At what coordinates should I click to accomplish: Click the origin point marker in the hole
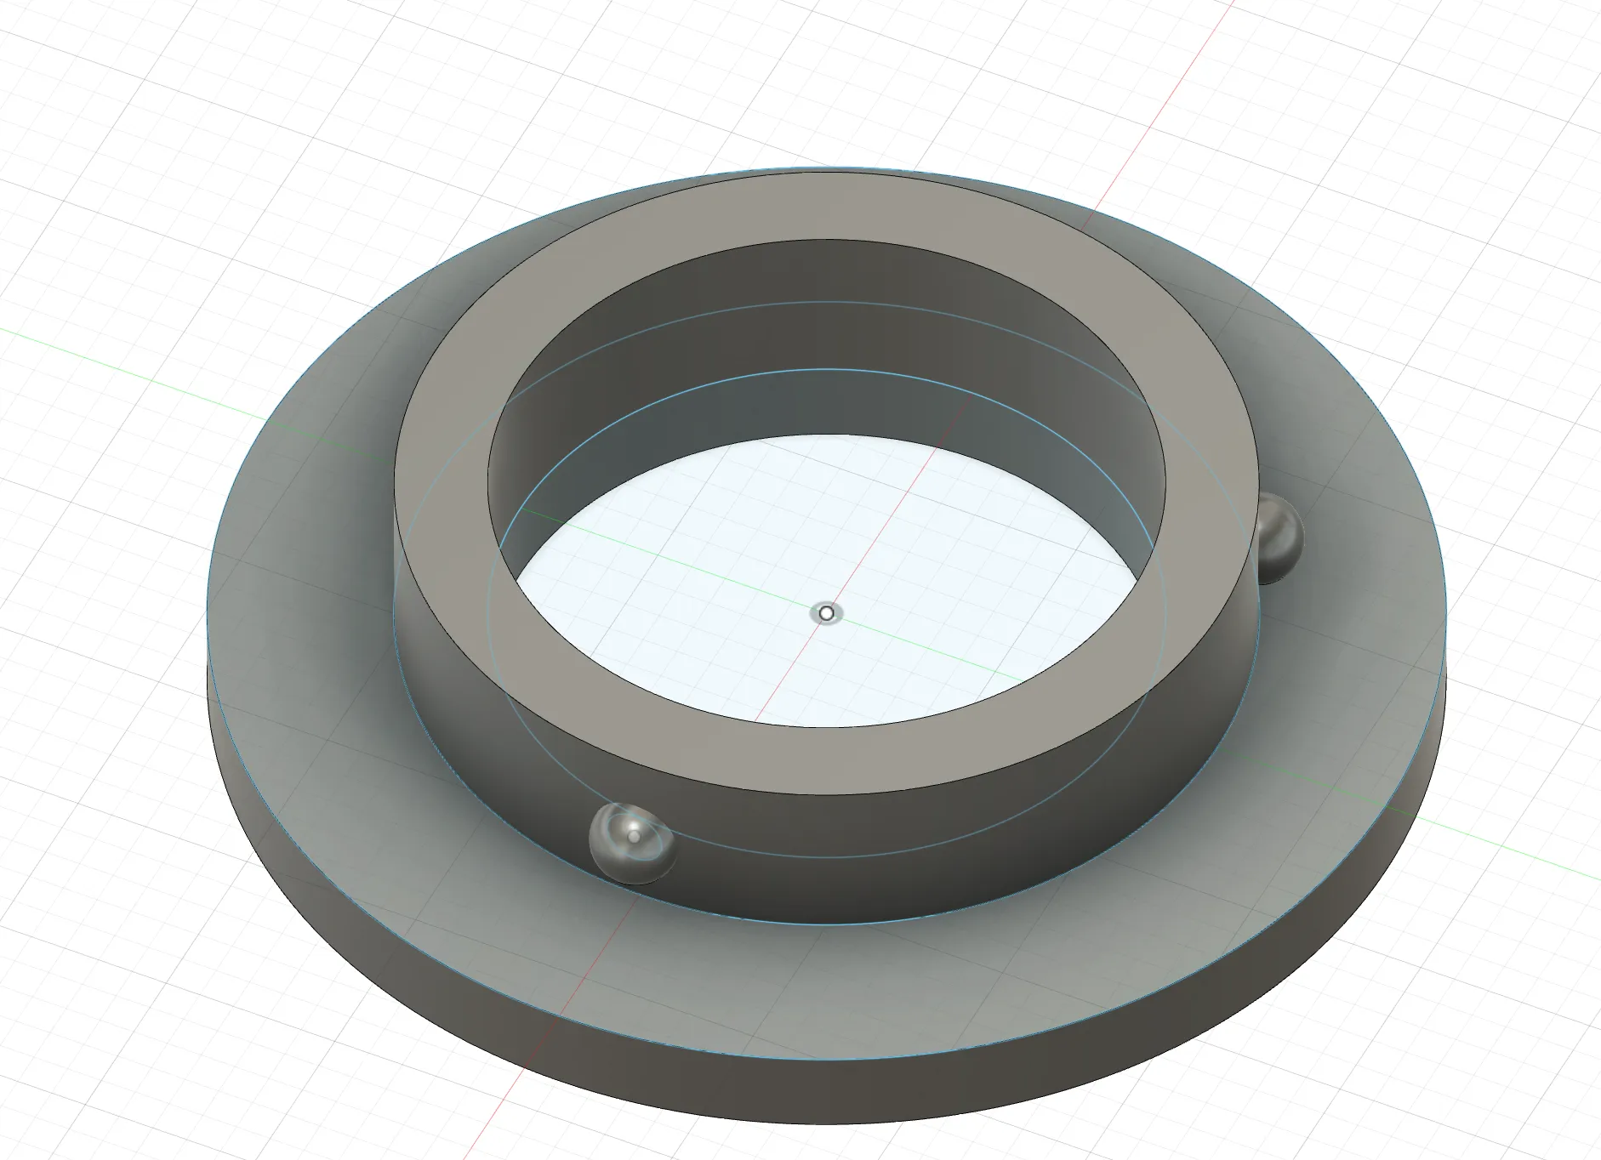(826, 613)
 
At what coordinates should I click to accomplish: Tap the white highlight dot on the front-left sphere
(635, 837)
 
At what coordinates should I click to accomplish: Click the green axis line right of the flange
(1531, 867)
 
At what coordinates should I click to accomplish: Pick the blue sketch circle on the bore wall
(817, 370)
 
